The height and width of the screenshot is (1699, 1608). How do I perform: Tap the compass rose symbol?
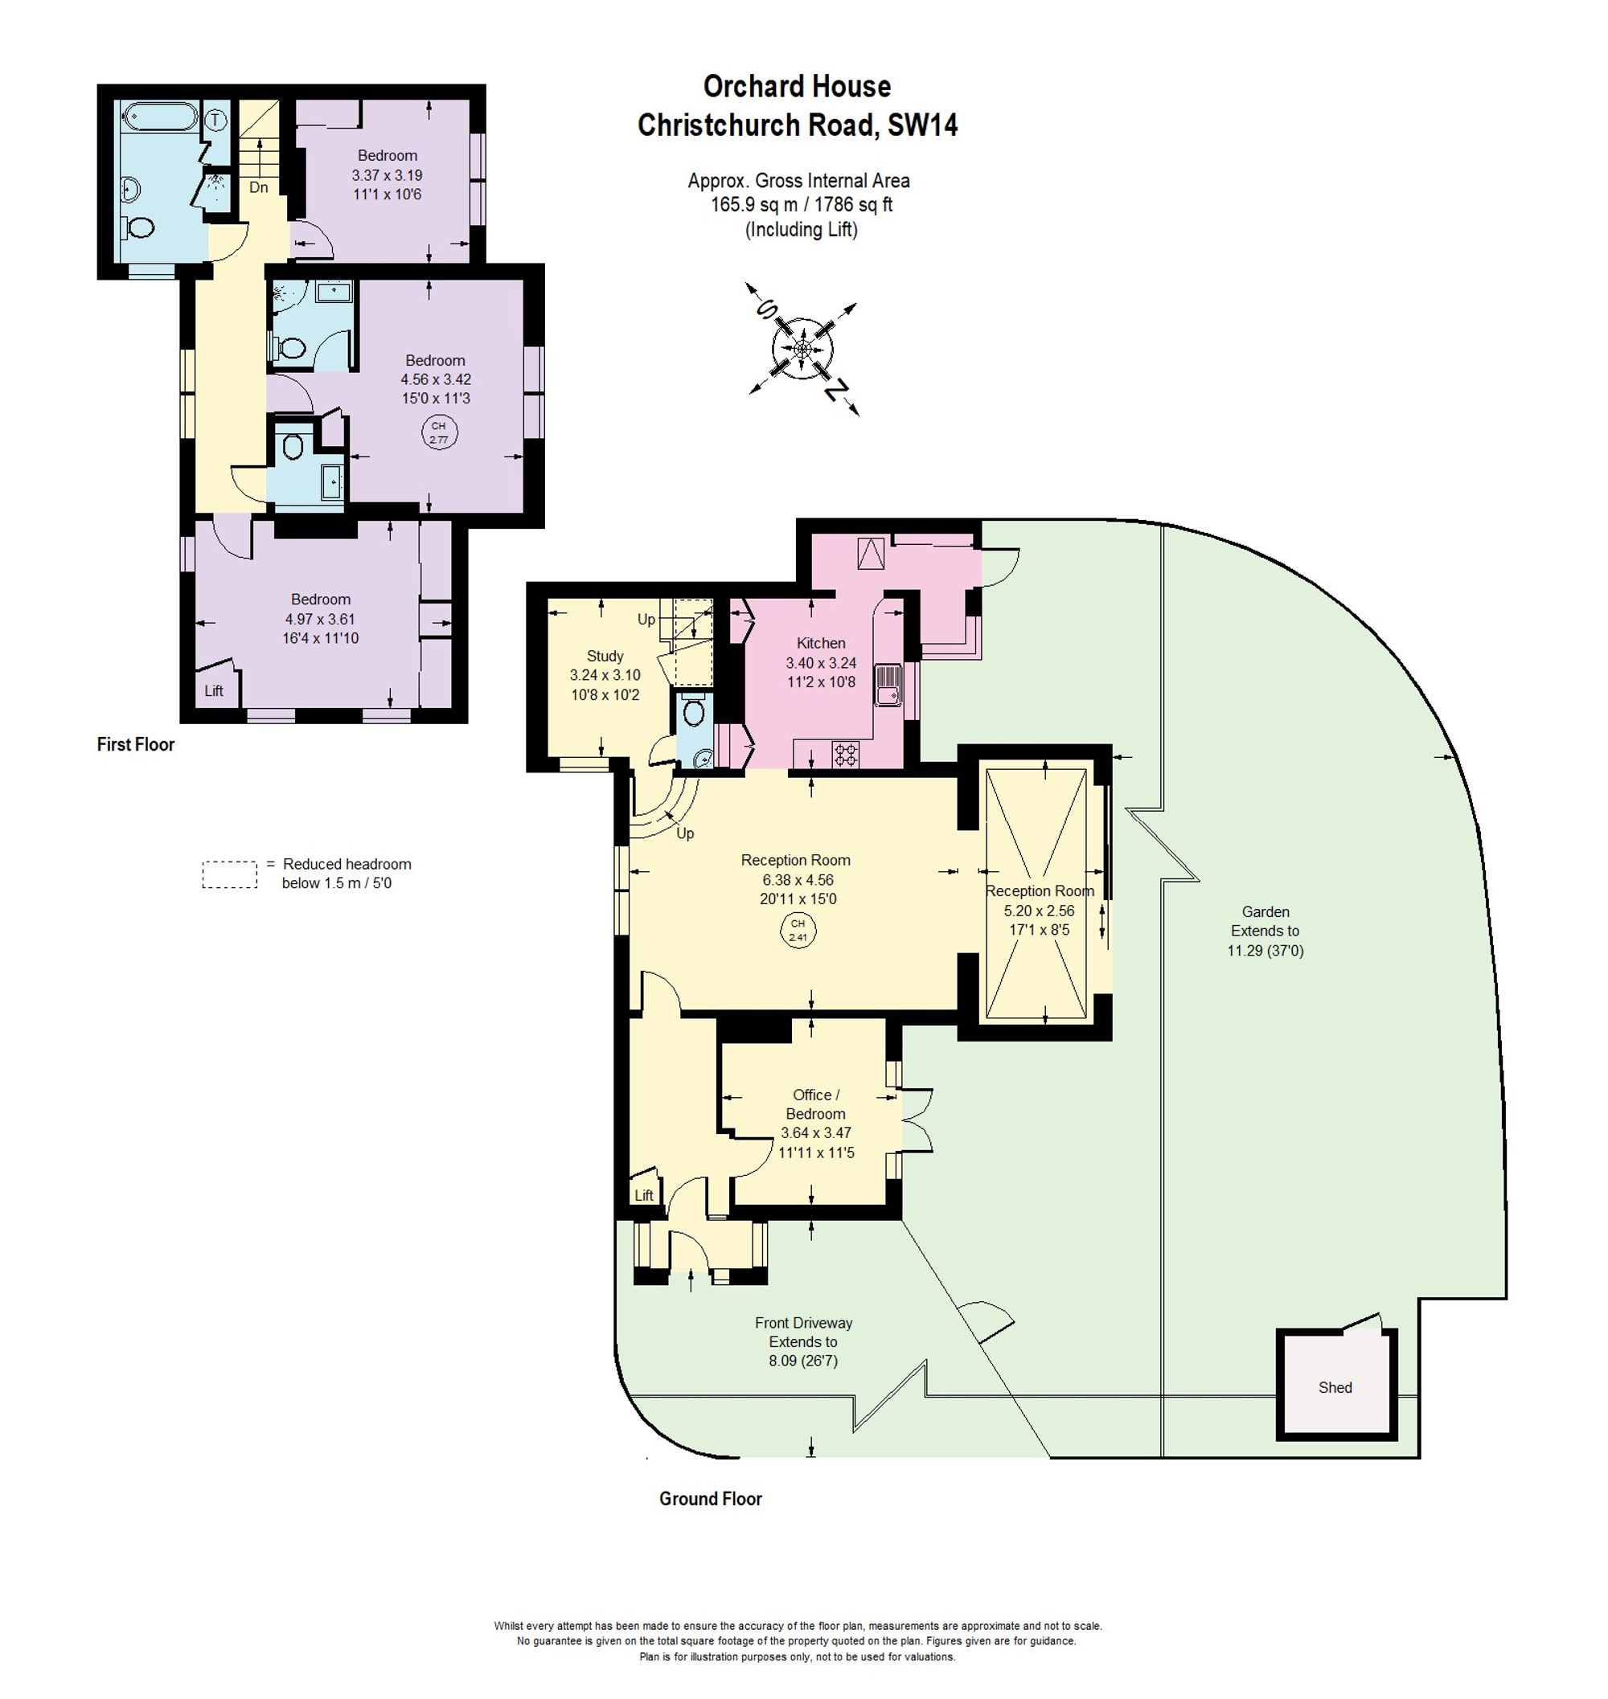click(x=802, y=349)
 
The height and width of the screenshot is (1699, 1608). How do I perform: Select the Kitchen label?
click(x=820, y=643)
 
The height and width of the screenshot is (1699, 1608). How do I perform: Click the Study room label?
click(x=605, y=656)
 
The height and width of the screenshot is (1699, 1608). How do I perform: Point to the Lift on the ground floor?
click(x=644, y=1194)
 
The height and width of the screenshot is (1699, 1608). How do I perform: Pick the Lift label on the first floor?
click(x=213, y=690)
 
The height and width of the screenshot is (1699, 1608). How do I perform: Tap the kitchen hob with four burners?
click(x=845, y=754)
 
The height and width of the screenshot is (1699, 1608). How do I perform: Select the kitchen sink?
click(x=888, y=685)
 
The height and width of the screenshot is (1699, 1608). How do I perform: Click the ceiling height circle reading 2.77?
click(x=439, y=432)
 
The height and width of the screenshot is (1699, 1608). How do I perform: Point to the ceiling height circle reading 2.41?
click(x=798, y=930)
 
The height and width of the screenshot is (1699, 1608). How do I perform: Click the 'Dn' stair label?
click(x=258, y=186)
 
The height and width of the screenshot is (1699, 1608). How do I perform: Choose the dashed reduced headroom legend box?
click(x=230, y=874)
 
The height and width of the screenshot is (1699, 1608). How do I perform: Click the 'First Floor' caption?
click(x=135, y=743)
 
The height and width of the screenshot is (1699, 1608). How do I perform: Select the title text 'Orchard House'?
click(x=797, y=86)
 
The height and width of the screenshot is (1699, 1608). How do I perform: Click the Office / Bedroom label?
click(x=816, y=1103)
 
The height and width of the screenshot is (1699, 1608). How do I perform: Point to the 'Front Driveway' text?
click(x=803, y=1322)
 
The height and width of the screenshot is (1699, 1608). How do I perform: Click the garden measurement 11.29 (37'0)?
click(x=1265, y=949)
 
